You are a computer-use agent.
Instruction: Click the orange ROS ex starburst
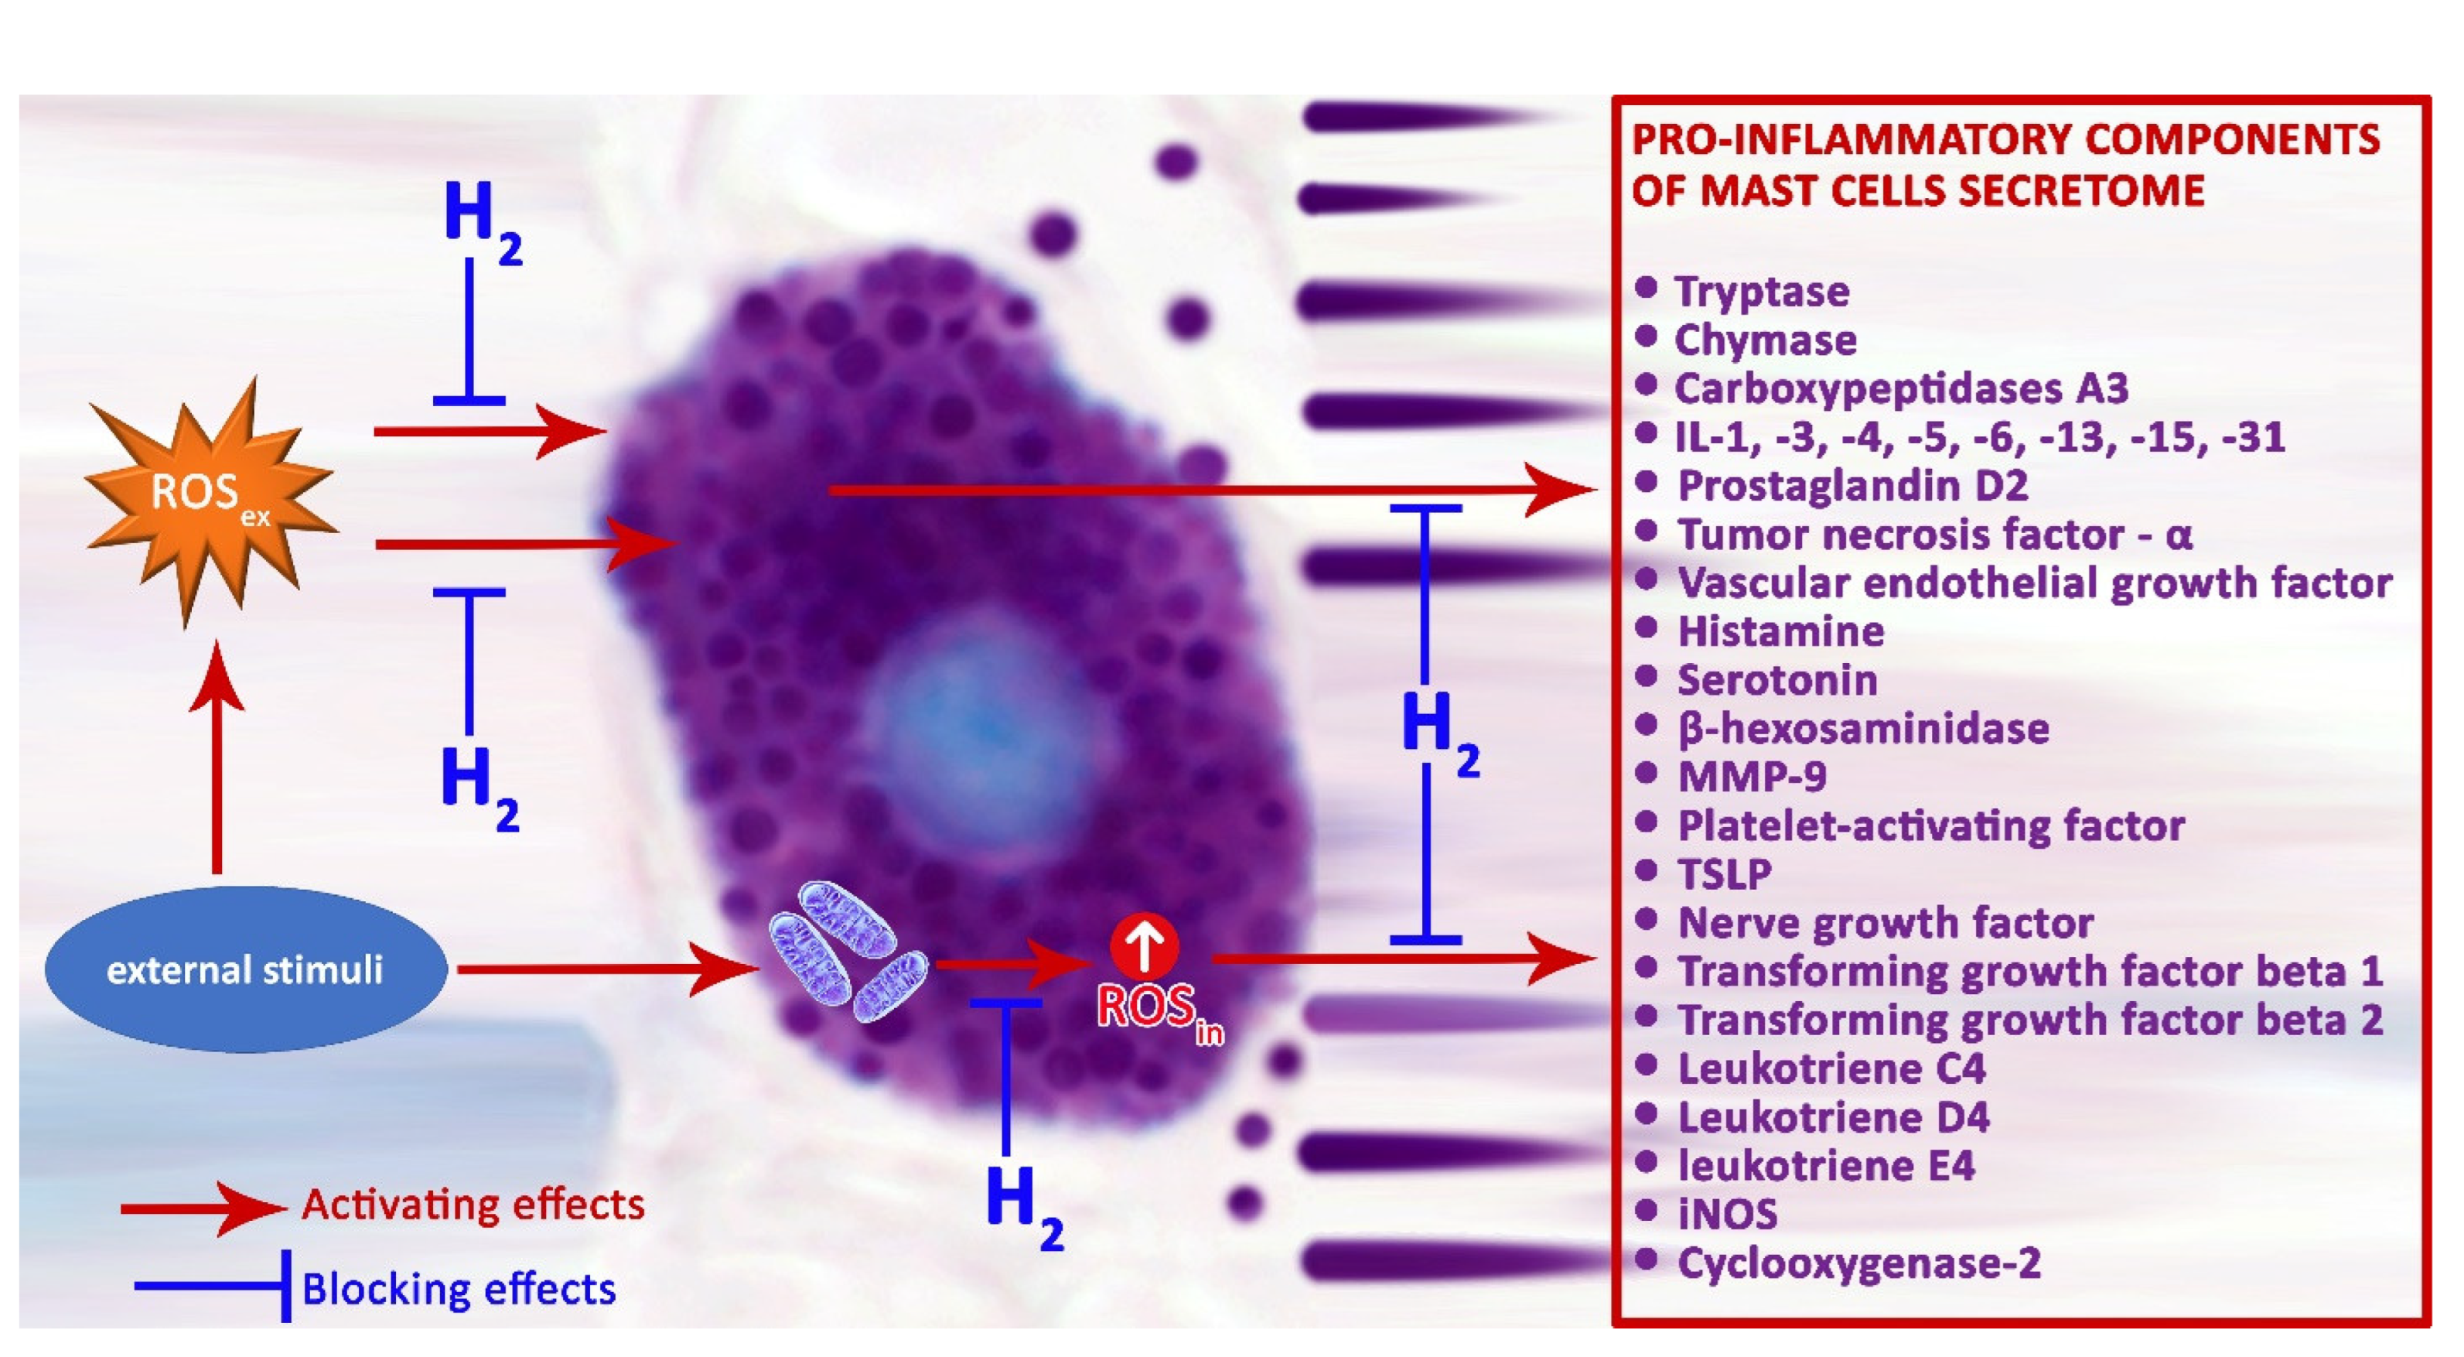click(210, 497)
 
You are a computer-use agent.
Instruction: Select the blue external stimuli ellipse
click(245, 969)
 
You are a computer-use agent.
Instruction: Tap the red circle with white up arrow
click(1144, 945)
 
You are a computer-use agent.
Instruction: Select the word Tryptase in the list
click(1761, 291)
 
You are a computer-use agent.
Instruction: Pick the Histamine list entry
click(1780, 631)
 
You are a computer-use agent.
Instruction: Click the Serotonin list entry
click(1777, 680)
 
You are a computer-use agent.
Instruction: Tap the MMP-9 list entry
click(1752, 776)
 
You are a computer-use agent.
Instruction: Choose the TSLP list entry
click(1724, 873)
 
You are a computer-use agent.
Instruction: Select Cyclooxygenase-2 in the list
click(1858, 1263)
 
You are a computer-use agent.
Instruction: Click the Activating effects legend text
click(473, 1205)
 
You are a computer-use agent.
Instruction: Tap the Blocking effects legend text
click(458, 1289)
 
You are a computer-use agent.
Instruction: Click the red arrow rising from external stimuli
click(217, 756)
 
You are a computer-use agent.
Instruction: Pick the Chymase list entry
click(1765, 340)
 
